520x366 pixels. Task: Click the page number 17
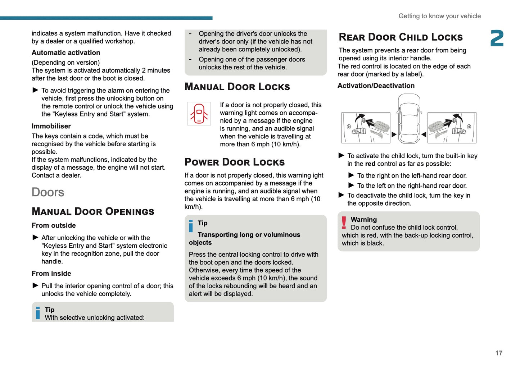coord(498,353)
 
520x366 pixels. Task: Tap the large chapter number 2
coord(497,38)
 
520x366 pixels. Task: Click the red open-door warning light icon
coord(199,114)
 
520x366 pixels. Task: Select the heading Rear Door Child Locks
coord(401,37)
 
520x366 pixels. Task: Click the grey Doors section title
coord(48,192)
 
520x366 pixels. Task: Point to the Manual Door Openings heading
coord(93,211)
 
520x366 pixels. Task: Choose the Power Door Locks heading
coord(234,162)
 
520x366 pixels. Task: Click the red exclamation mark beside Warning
coord(344,223)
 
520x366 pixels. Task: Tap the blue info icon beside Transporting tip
coord(191,226)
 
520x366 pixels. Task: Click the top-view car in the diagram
coord(409,118)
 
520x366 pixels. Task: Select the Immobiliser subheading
coord(51,126)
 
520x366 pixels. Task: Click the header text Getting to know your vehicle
coord(439,16)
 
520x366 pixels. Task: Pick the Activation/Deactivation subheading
coord(376,86)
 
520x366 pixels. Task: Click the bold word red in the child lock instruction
coord(370,164)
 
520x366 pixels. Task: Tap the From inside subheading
coord(51,274)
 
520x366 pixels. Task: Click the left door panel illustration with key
coord(366,128)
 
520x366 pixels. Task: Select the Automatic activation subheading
coord(66,52)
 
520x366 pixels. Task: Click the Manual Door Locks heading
coord(237,87)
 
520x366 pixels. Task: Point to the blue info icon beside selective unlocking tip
coord(38,313)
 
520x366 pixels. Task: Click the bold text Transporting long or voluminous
coord(249,235)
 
